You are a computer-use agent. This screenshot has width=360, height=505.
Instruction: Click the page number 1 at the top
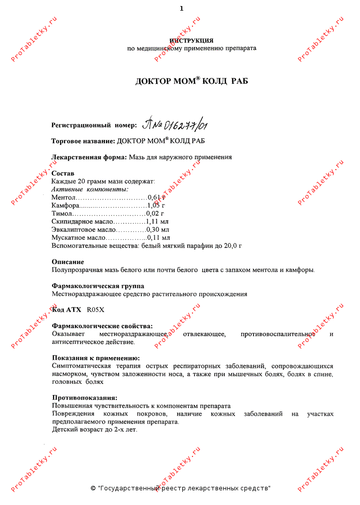pos(181,9)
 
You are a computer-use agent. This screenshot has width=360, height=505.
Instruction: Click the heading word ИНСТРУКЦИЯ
pos(191,40)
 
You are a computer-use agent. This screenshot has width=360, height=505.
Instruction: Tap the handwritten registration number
pos(175,124)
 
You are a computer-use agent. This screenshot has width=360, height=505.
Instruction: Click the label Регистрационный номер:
pos(94,125)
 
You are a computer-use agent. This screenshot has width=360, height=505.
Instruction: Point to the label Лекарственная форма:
pos(89,157)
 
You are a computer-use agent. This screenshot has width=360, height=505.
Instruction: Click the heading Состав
pos(63,173)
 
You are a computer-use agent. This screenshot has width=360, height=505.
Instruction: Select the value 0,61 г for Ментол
pos(157,197)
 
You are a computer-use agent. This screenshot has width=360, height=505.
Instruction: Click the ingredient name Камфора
pos(65,206)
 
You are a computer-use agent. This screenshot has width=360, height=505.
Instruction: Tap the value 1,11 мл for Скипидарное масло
pos(157,222)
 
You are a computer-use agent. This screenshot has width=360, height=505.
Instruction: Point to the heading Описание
pos(68,262)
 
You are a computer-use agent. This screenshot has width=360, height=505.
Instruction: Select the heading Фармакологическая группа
pos(98,286)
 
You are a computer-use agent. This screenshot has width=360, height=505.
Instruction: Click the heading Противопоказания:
pos(84,397)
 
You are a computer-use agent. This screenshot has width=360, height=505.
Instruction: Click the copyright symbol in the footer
pos(93,488)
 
